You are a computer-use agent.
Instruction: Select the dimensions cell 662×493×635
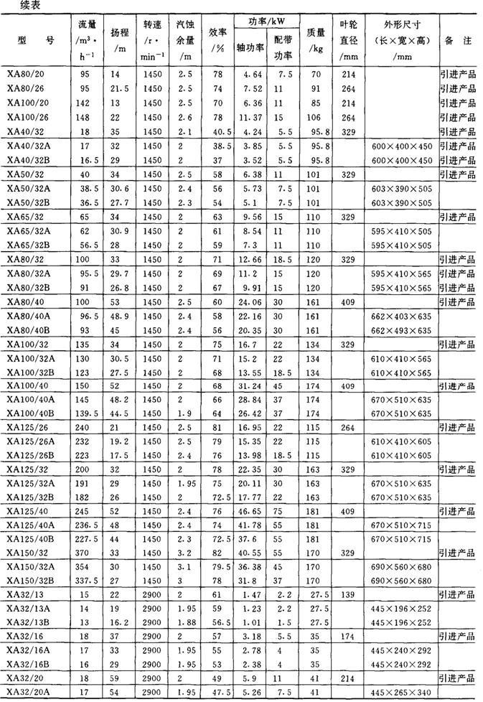401,330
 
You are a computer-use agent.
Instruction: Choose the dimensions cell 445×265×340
401,692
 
